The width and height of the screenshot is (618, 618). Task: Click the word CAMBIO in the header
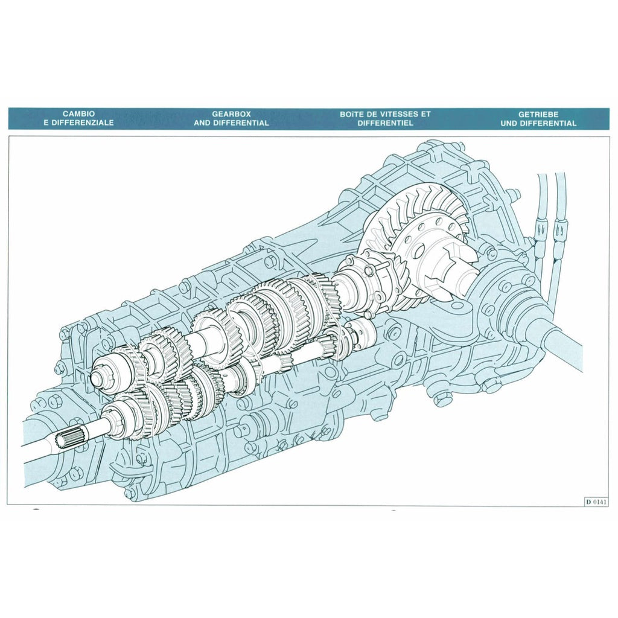click(78, 113)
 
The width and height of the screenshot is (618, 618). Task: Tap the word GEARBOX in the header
click(231, 113)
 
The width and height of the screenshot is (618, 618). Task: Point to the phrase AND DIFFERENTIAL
click(231, 123)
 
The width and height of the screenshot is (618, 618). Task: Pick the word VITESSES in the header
click(401, 113)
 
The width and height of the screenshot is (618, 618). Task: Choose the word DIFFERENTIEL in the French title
click(384, 123)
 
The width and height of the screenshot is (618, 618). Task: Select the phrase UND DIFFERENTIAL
click(538, 123)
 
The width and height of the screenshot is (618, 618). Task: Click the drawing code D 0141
click(596, 501)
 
